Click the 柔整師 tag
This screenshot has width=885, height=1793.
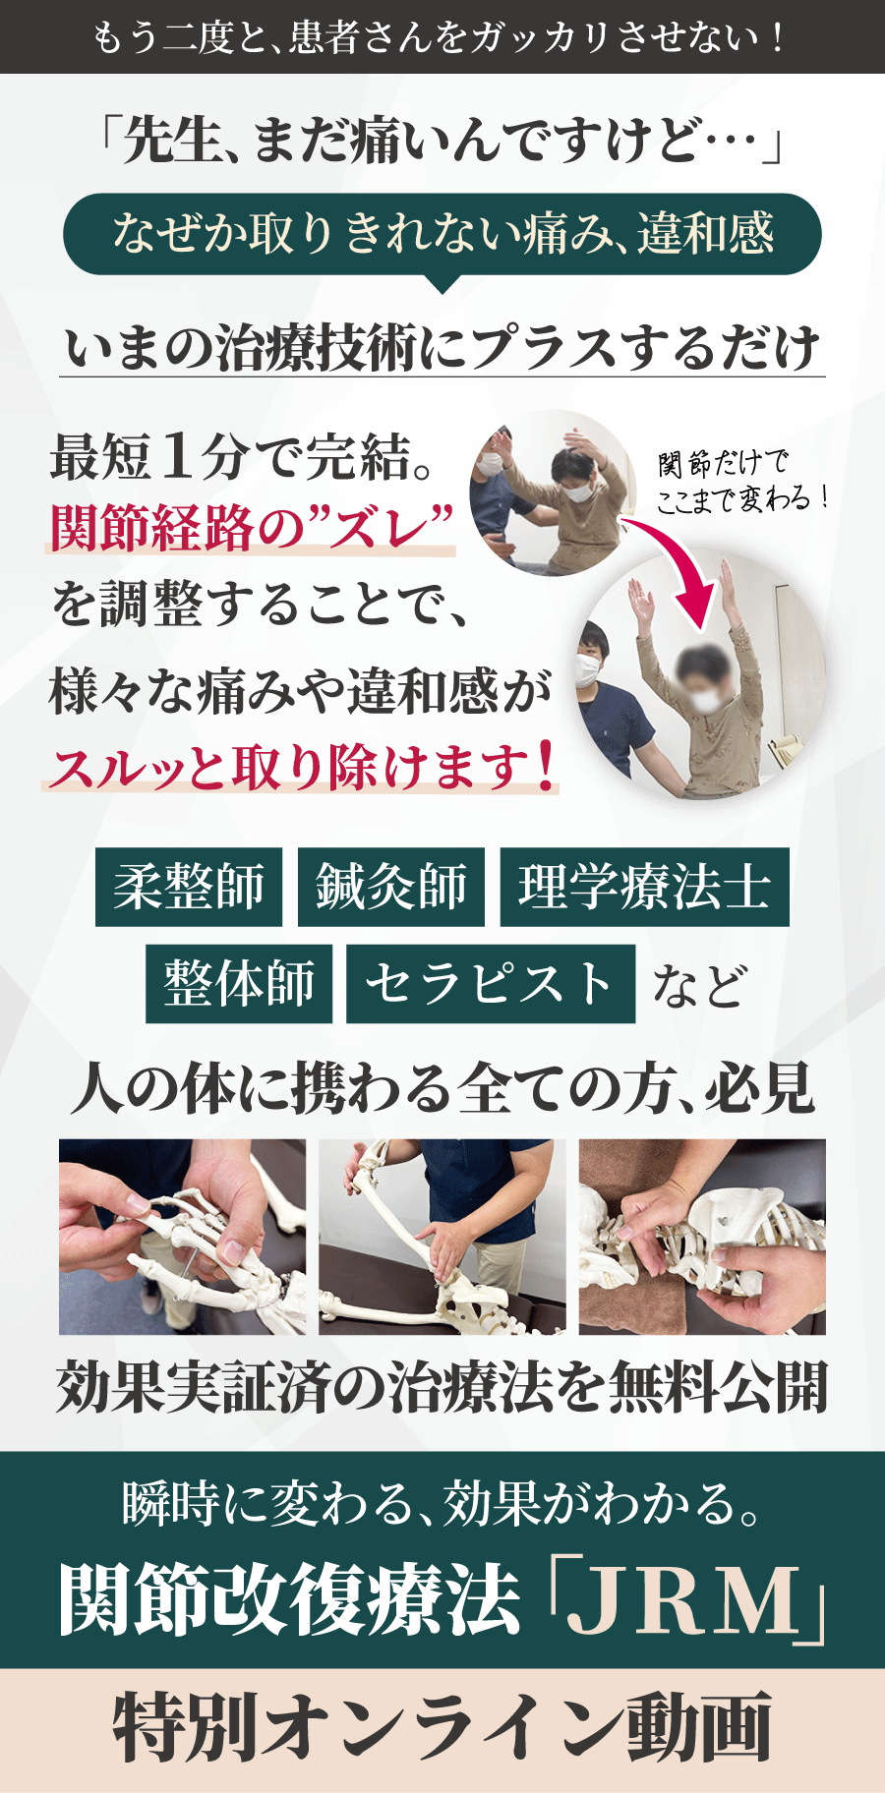point(189,887)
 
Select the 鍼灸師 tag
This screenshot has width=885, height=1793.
point(391,887)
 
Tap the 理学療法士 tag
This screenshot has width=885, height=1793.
point(644,887)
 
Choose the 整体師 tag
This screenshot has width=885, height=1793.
point(239,984)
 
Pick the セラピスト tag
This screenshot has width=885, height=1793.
point(490,984)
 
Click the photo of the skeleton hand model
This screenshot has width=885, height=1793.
point(182,1237)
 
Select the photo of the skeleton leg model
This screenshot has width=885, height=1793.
point(442,1237)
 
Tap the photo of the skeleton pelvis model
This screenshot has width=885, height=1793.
point(702,1237)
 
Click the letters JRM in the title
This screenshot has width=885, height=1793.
point(685,1602)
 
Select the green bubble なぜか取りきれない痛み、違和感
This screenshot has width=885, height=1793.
point(442,234)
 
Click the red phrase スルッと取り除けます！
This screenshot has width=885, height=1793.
point(300,768)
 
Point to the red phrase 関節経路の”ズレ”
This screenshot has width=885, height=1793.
point(252,529)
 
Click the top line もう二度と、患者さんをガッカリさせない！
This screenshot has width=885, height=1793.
point(442,37)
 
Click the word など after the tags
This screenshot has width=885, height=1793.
point(699,986)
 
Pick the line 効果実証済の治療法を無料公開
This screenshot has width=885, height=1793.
point(442,1388)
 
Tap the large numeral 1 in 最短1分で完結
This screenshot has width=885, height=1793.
point(177,456)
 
